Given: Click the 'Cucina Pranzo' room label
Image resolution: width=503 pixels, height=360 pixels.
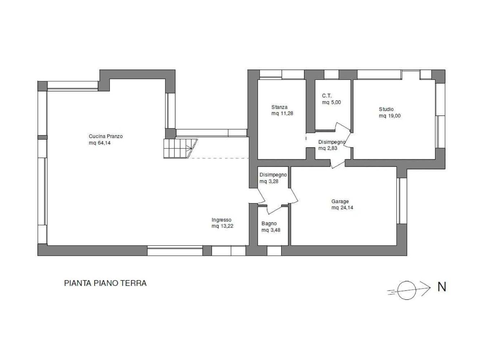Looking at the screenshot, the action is tap(106, 136).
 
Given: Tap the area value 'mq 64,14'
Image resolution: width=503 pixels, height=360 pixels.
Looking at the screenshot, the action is tap(99, 143).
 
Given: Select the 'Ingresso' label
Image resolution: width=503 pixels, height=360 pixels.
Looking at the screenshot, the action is tap(221, 220).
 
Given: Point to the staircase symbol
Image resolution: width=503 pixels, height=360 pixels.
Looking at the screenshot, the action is tap(181, 149).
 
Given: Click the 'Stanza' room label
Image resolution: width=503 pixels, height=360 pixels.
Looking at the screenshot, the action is tap(279, 107).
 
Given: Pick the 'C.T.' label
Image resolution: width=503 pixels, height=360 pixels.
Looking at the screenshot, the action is tap(327, 96).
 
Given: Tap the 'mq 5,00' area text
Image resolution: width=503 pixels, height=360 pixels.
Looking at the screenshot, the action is tap(331, 102).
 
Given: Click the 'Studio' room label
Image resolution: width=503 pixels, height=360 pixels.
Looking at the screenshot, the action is tap(386, 110).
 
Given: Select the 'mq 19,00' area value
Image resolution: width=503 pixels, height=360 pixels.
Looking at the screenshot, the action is tap(390, 116).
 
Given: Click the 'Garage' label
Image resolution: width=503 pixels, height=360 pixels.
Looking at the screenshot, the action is tap(340, 201).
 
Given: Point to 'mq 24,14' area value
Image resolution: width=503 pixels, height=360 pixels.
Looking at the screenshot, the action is tap(342, 208).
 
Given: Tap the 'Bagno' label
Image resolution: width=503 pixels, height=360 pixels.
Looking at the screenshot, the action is tap(269, 224).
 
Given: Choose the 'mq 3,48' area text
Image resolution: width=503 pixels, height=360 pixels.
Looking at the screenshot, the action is tap(271, 230).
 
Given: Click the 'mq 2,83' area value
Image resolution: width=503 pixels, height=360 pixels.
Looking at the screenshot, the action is tap(328, 148).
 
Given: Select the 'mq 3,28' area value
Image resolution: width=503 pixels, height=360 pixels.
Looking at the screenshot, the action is tap(269, 181).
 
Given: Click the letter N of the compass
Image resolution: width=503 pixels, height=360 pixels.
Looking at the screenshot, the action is tap(442, 287).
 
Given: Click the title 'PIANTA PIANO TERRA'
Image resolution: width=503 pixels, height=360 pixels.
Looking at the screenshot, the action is tap(105, 283).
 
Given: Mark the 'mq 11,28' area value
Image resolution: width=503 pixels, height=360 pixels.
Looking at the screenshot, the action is tap(282, 113).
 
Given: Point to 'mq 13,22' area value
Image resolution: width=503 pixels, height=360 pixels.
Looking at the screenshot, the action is tap(222, 226).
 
